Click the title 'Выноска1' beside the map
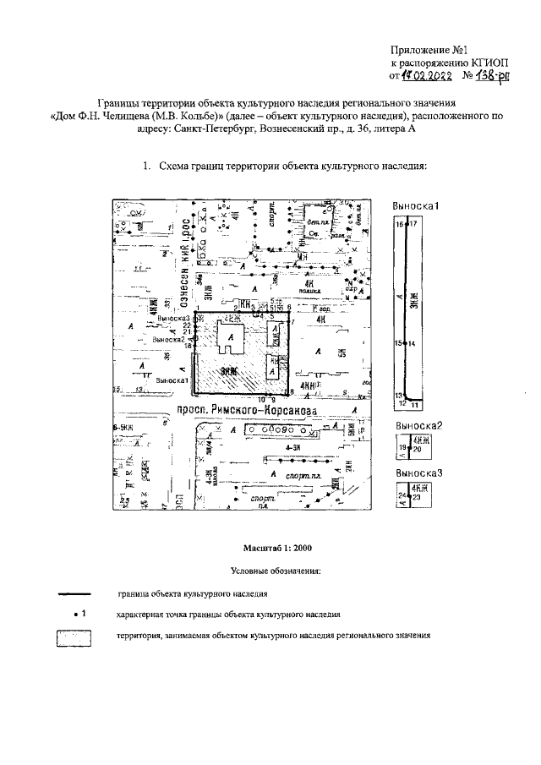418,206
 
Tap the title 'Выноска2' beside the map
418,425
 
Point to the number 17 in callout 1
413,224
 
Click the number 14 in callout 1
412,344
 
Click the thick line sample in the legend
73,594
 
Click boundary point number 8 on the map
291,392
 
